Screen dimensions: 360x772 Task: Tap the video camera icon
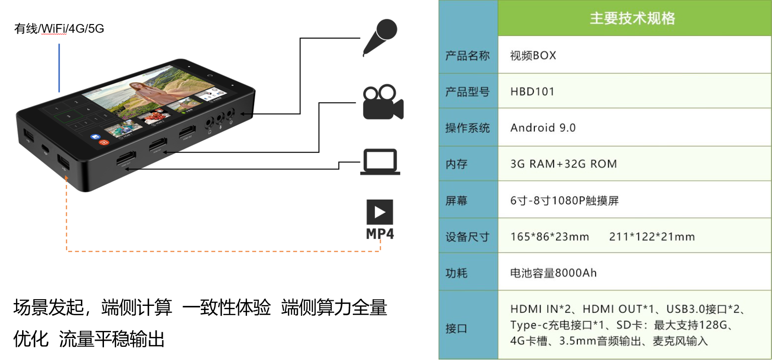pyautogui.click(x=382, y=102)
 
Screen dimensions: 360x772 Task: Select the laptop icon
pyautogui.click(x=380, y=162)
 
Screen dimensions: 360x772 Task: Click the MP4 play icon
pyautogui.click(x=380, y=213)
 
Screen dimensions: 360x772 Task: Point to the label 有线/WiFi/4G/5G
pyautogui.click(x=59, y=29)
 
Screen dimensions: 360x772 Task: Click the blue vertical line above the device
pyautogui.click(x=59, y=68)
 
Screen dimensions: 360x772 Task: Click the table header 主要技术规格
pyautogui.click(x=632, y=18)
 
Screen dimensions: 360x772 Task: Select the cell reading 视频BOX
pyautogui.click(x=533, y=56)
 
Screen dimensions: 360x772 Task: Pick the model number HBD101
pyautogui.click(x=533, y=91)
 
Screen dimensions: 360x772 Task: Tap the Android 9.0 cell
pyautogui.click(x=543, y=128)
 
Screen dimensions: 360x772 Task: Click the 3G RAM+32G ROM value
pyautogui.click(x=563, y=164)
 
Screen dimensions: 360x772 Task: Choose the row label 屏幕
pyautogui.click(x=456, y=201)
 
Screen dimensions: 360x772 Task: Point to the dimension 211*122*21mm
pyautogui.click(x=652, y=237)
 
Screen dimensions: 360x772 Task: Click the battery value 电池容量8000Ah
pyautogui.click(x=553, y=273)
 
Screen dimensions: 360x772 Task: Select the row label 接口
pyautogui.click(x=456, y=328)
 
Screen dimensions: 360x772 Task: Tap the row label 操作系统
pyautogui.click(x=467, y=128)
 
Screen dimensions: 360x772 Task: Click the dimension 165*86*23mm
pyautogui.click(x=549, y=237)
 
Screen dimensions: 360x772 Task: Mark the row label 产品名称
pyautogui.click(x=467, y=56)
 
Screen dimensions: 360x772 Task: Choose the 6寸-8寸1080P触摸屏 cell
pyautogui.click(x=564, y=201)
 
